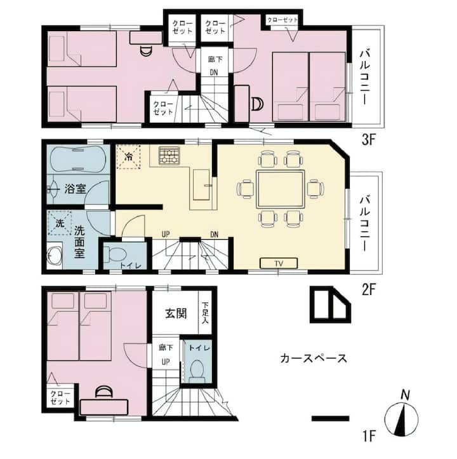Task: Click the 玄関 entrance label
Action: point(176,313)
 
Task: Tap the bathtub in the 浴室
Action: point(78,159)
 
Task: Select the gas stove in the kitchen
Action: point(169,156)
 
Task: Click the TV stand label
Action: point(279,263)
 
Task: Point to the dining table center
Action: point(281,189)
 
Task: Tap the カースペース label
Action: point(314,359)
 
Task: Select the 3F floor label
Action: point(368,140)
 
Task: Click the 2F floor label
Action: point(368,290)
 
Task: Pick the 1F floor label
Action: point(369,436)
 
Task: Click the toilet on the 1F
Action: point(197,370)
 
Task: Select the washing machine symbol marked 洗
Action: point(60,223)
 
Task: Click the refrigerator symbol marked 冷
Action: point(129,157)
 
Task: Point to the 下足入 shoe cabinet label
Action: point(205,313)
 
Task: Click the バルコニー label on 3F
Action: point(365,78)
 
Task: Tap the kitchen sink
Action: point(201,185)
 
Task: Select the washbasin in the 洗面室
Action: point(55,256)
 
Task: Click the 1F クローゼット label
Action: point(60,397)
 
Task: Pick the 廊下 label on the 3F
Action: point(215,59)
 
